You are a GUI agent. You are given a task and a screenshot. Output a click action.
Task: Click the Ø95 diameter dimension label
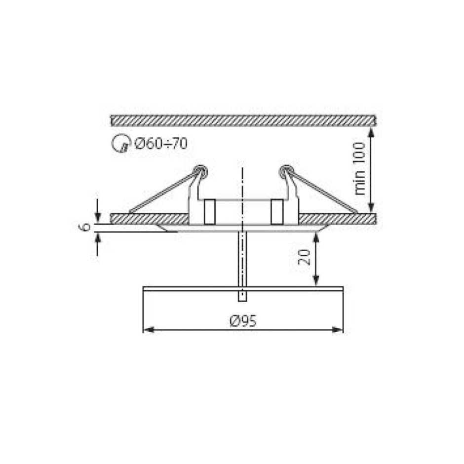pyautogui.click(x=243, y=321)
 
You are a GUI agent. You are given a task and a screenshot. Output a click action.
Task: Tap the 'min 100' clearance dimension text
pyautogui.click(x=361, y=168)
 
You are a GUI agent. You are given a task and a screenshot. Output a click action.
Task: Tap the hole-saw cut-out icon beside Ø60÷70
pyautogui.click(x=118, y=144)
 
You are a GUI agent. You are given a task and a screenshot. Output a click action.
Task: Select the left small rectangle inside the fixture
pyautogui.click(x=209, y=211)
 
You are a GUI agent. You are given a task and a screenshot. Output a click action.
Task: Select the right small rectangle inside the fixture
pyautogui.click(x=276, y=211)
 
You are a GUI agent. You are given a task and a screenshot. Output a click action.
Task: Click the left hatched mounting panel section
pyautogui.click(x=148, y=218)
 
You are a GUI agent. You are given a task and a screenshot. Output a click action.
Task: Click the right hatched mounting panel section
pyautogui.click(x=338, y=218)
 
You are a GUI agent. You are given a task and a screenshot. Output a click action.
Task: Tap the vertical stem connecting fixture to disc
pyautogui.click(x=242, y=257)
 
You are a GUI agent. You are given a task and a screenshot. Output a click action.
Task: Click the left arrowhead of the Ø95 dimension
pyautogui.click(x=147, y=330)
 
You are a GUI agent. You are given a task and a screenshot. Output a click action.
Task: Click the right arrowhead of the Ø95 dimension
pyautogui.click(x=340, y=330)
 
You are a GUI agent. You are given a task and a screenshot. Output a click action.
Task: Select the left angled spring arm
pyautogui.click(x=160, y=193)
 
